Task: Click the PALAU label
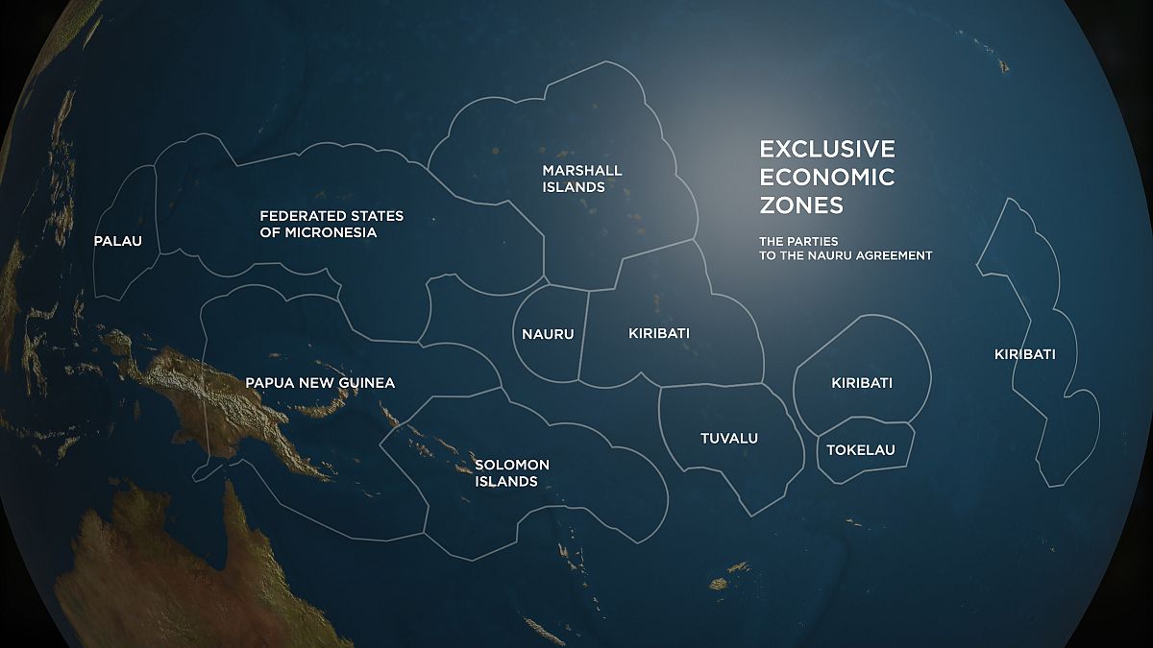click(117, 241)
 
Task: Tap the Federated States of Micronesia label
click(331, 224)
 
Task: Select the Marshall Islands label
click(581, 179)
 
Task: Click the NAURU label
click(548, 334)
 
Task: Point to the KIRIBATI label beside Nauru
click(658, 334)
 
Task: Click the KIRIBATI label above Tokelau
click(861, 383)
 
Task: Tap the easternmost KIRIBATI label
click(1024, 354)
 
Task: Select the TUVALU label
click(728, 439)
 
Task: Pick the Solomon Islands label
click(512, 472)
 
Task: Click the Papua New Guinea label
click(320, 383)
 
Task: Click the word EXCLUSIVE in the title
click(826, 150)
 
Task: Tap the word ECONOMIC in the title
click(826, 178)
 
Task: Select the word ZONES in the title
click(801, 205)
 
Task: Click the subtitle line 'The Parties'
click(798, 240)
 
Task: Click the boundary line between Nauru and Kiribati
click(582, 336)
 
